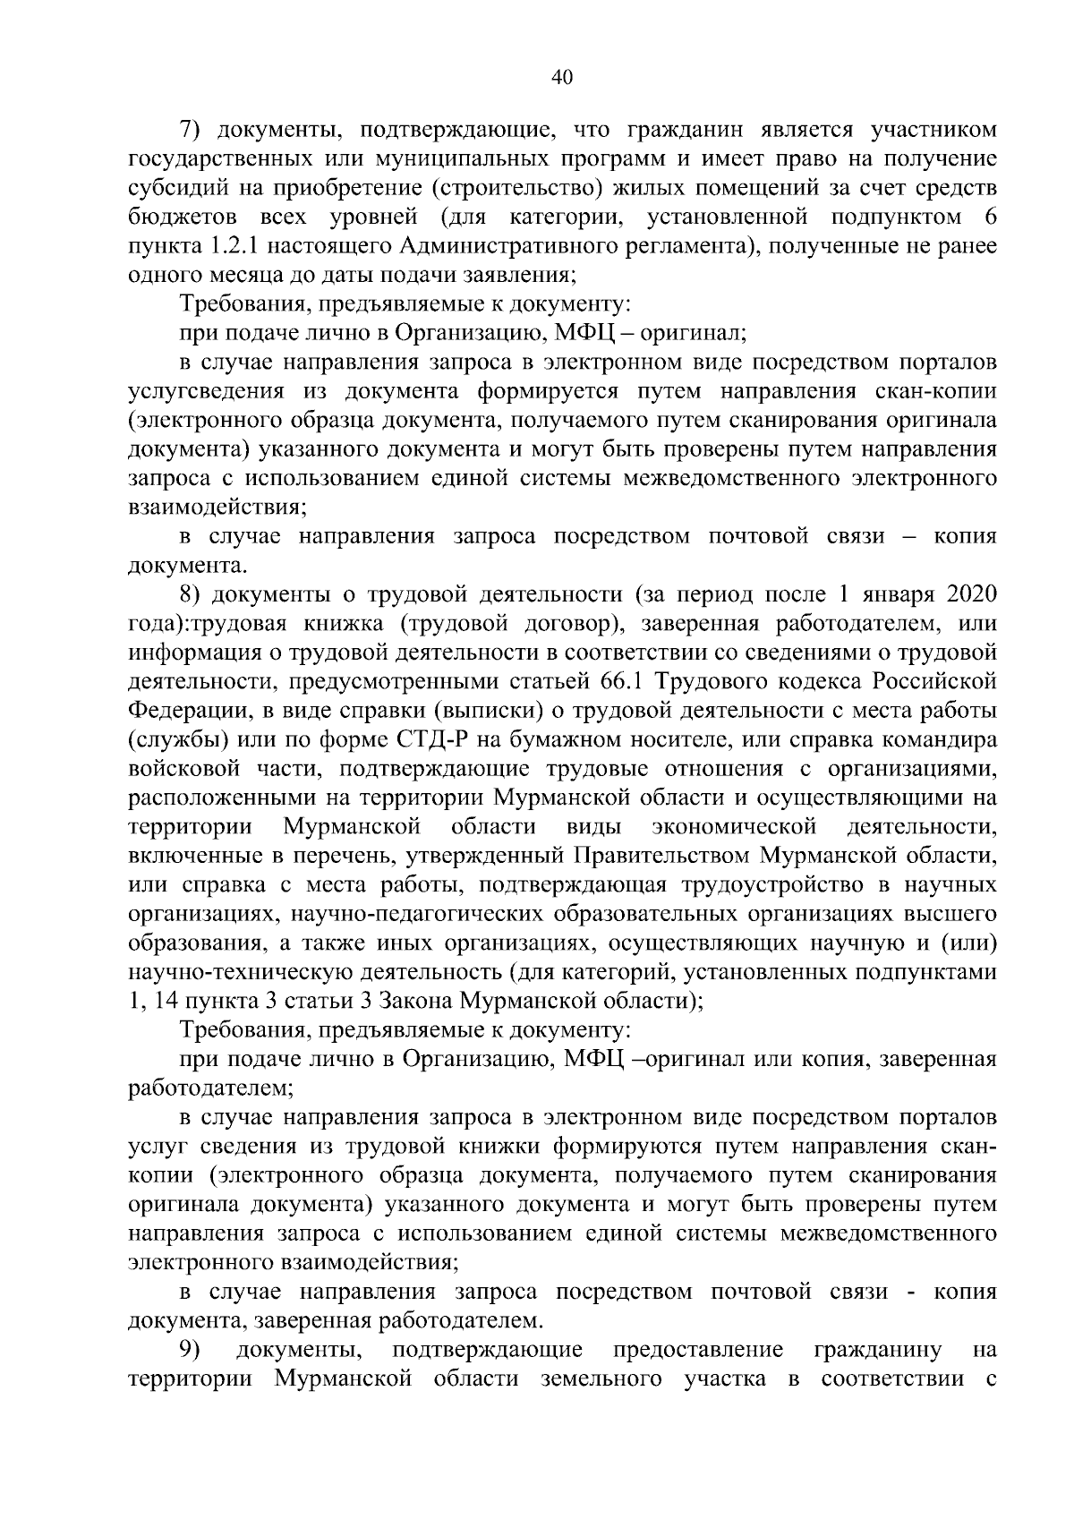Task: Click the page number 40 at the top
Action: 562,78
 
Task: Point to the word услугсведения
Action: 207,391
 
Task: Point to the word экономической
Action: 735,826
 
